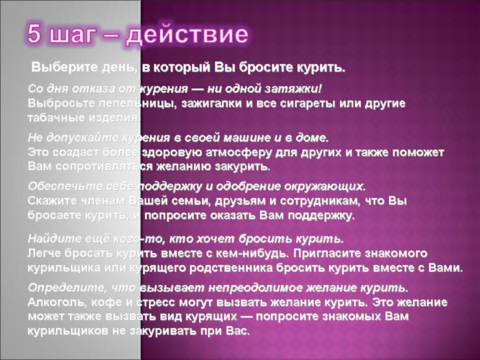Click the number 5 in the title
pyautogui.click(x=34, y=33)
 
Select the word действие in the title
pyautogui.click(x=187, y=34)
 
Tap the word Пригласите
pyautogui.click(x=327, y=253)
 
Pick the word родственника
pyautogui.click(x=231, y=268)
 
